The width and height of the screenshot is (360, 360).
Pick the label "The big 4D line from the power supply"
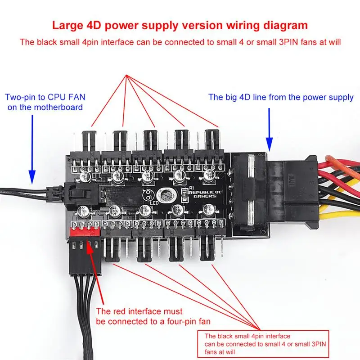pyautogui.click(x=281, y=97)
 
